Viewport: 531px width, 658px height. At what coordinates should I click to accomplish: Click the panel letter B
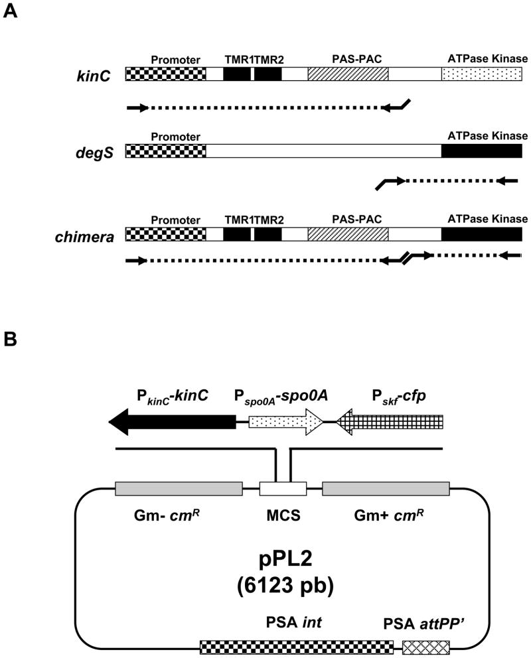(11, 340)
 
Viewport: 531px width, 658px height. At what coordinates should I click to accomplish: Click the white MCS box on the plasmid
(283, 488)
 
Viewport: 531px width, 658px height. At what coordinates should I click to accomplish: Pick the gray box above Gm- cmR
(179, 488)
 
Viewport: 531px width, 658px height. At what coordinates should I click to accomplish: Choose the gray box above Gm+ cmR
(386, 488)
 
